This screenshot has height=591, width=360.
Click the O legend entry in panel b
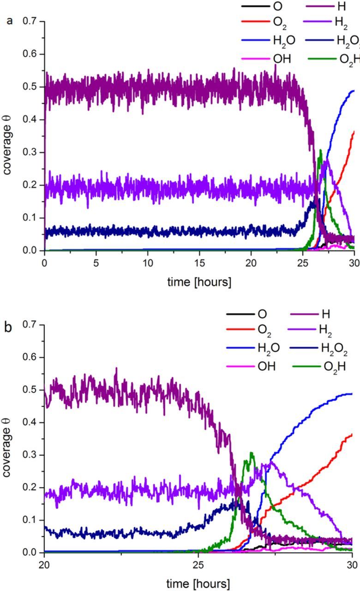pos(262,314)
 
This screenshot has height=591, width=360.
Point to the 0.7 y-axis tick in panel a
pos(31,22)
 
